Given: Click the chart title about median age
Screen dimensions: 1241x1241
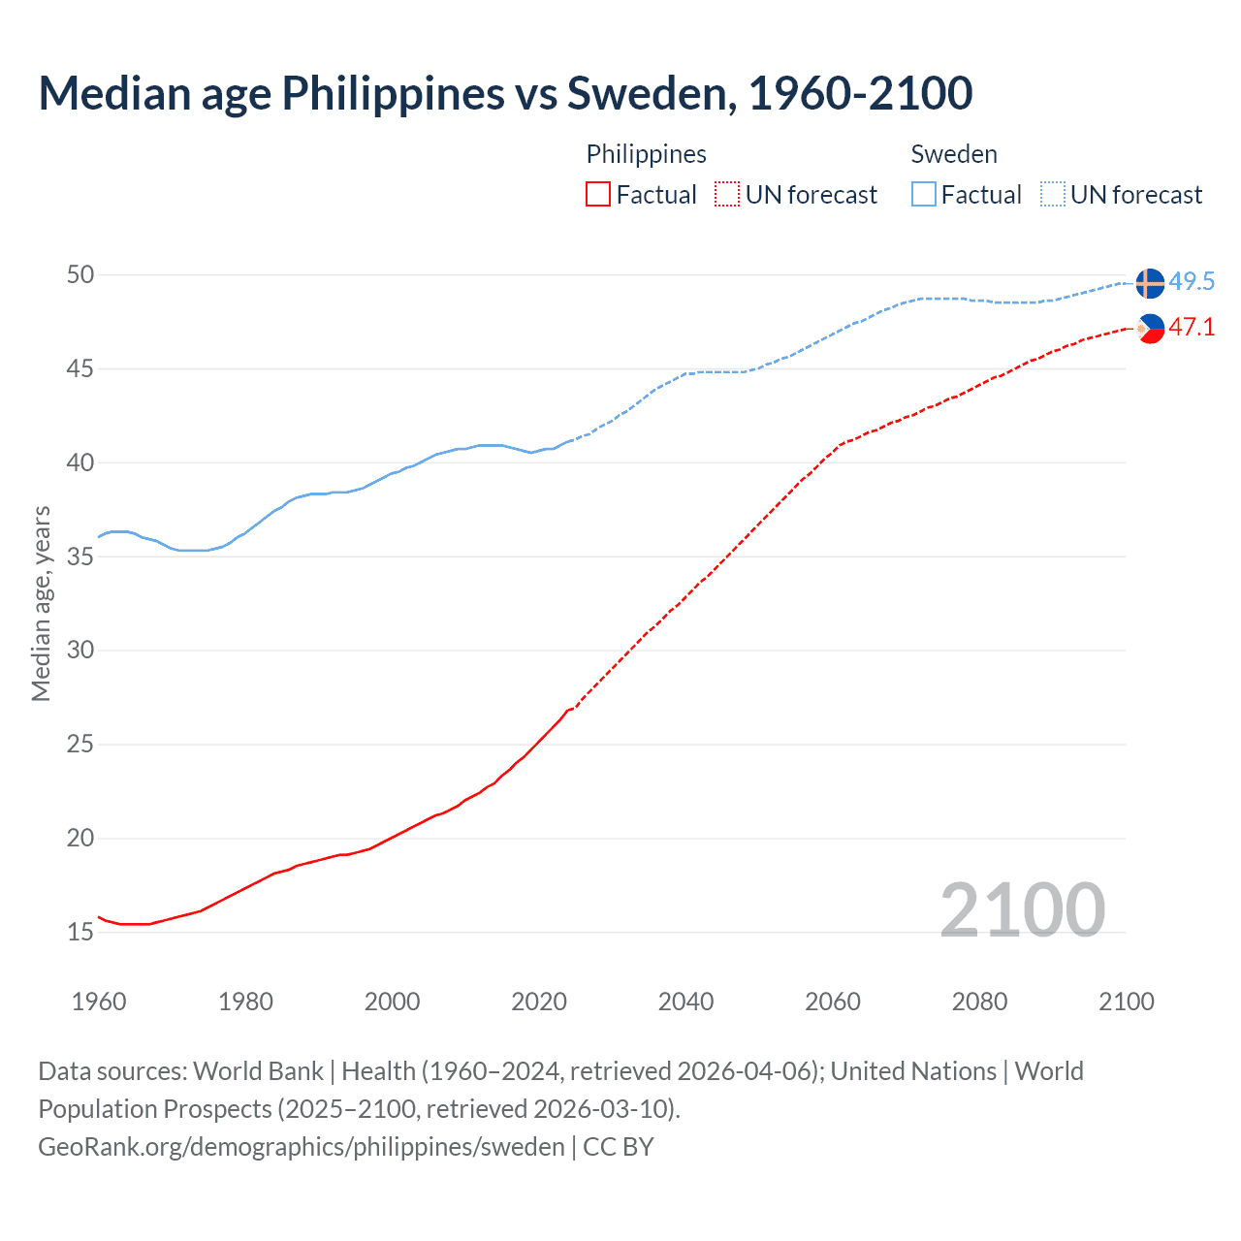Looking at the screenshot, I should pos(505,93).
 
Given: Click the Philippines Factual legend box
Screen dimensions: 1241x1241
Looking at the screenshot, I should pos(598,195).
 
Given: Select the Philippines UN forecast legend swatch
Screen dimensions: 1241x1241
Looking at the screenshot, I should pos(727,195).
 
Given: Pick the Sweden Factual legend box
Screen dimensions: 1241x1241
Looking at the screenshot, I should pos(924,195).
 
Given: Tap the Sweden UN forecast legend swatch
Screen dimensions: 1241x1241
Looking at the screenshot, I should pos(1053,195).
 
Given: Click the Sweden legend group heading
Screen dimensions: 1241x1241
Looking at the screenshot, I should pos(954,154).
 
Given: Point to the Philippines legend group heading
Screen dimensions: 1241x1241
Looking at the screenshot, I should pos(647,154).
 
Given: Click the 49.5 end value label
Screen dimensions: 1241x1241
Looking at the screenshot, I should pos(1192,281).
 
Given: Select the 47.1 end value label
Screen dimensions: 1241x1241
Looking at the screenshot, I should pos(1192,327).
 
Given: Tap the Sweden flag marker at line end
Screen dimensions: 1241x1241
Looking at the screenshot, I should pos(1149,283).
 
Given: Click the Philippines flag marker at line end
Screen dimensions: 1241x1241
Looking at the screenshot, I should pos(1150,329).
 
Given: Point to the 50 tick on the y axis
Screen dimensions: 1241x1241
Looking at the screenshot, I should pos(80,274).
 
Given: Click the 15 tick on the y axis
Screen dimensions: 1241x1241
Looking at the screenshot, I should pos(80,932).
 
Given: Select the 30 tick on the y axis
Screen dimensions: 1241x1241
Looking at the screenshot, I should pos(80,650).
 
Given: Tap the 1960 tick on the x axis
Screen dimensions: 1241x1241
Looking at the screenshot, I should pos(99,1002).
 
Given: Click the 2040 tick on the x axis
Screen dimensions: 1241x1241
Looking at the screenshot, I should pos(685,1002).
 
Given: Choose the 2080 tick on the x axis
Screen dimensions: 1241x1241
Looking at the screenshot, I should pos(979,1002).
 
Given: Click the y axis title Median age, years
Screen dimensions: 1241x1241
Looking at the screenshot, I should pos(41,603).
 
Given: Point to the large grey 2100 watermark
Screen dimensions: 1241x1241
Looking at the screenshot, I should pos(1023,909).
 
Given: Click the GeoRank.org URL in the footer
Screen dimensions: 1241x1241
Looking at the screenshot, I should pos(302,1147).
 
